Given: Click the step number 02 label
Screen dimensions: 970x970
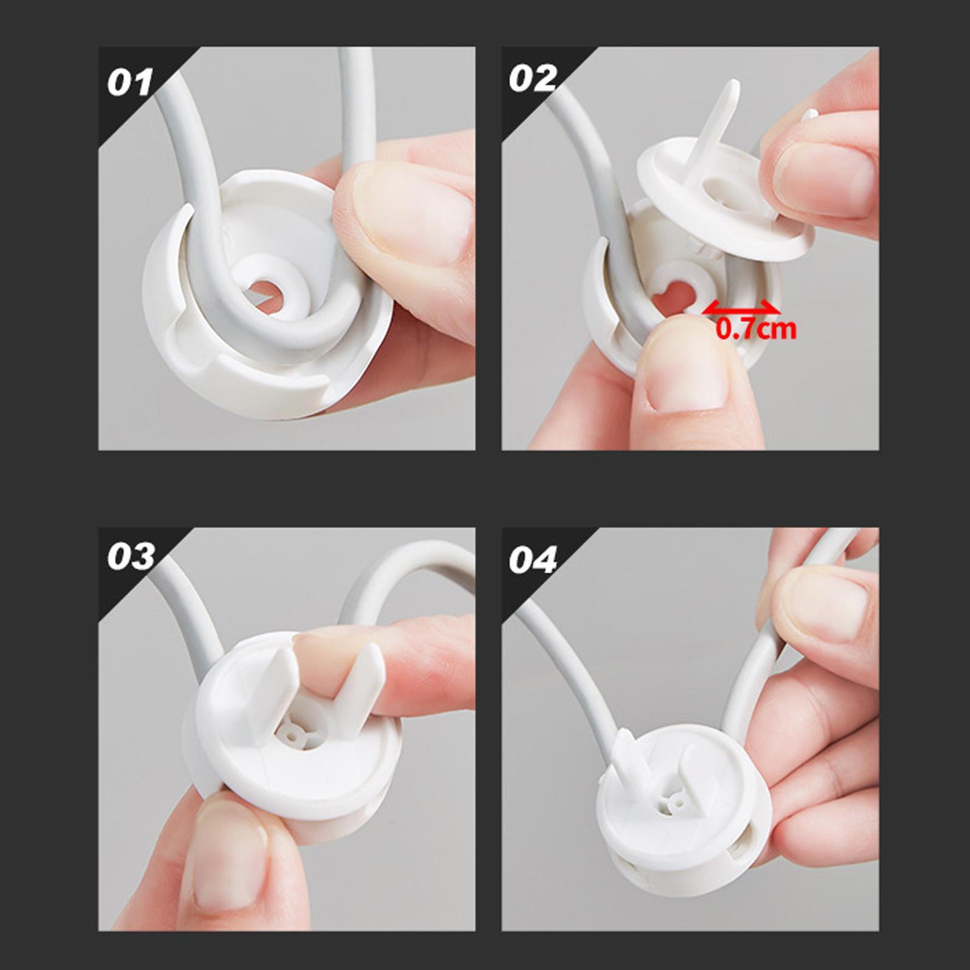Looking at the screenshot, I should [x=532, y=79].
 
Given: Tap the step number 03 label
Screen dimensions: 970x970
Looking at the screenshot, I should [x=131, y=557].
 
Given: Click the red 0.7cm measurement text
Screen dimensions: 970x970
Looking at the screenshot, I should [x=755, y=329].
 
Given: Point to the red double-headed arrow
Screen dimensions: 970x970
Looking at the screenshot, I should [x=741, y=309].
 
